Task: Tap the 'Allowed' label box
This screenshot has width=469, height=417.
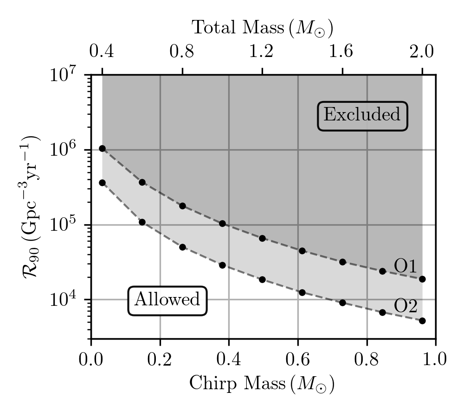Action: (x=167, y=300)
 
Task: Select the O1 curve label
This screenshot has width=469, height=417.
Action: (x=405, y=266)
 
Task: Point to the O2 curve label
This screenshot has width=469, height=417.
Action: (x=406, y=306)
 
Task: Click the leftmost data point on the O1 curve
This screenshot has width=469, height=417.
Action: (x=103, y=149)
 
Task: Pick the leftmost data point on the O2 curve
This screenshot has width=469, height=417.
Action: (x=103, y=183)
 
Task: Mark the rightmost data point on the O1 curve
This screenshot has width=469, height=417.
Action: (x=422, y=279)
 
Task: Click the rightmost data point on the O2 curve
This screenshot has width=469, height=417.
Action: (x=422, y=321)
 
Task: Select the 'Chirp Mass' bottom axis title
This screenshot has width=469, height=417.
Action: (x=262, y=384)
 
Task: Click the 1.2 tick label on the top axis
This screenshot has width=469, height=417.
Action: (x=262, y=51)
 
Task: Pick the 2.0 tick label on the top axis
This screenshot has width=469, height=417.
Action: (x=422, y=51)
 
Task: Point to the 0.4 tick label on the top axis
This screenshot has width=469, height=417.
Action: (x=102, y=51)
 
